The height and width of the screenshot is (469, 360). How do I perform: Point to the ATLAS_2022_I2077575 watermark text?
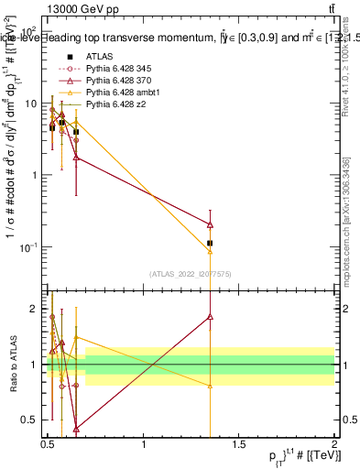click(x=191, y=273)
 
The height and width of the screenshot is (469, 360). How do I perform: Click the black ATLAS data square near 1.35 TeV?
click(x=211, y=243)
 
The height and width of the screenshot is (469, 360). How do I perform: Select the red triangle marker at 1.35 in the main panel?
click(x=211, y=224)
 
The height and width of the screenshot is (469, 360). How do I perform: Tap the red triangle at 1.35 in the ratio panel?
click(x=211, y=317)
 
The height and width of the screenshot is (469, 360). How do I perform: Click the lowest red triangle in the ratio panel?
click(x=76, y=428)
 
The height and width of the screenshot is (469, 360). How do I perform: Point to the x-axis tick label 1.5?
click(x=240, y=445)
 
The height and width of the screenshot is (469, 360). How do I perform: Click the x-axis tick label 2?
click(x=333, y=445)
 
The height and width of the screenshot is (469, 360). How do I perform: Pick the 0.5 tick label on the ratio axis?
click(x=31, y=420)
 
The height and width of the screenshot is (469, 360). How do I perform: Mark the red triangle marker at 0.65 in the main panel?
click(x=76, y=157)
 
